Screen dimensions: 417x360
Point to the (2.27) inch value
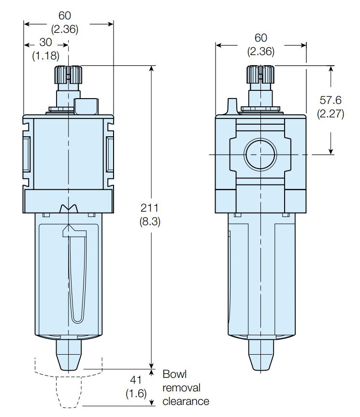click(331, 115)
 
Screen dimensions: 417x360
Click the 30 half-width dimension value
click(45, 42)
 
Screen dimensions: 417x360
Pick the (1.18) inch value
click(45, 56)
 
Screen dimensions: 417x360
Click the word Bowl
click(174, 374)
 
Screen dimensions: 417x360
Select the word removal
click(181, 388)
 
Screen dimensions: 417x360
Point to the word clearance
click(186, 401)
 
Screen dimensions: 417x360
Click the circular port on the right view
click(260, 155)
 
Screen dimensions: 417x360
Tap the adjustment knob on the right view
click(260, 75)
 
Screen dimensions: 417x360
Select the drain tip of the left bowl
click(69, 355)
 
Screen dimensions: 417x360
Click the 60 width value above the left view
click(65, 16)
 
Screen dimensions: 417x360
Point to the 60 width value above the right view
click(260, 38)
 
